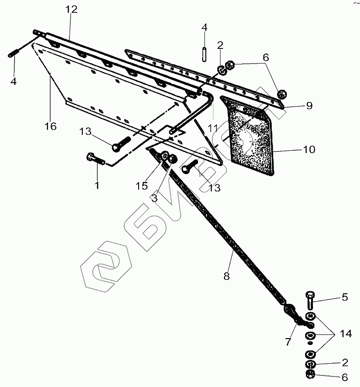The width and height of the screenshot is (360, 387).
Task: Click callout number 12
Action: [x=72, y=9]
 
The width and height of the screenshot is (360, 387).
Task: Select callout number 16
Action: [x=51, y=126]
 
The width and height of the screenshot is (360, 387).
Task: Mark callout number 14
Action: [x=345, y=335]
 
